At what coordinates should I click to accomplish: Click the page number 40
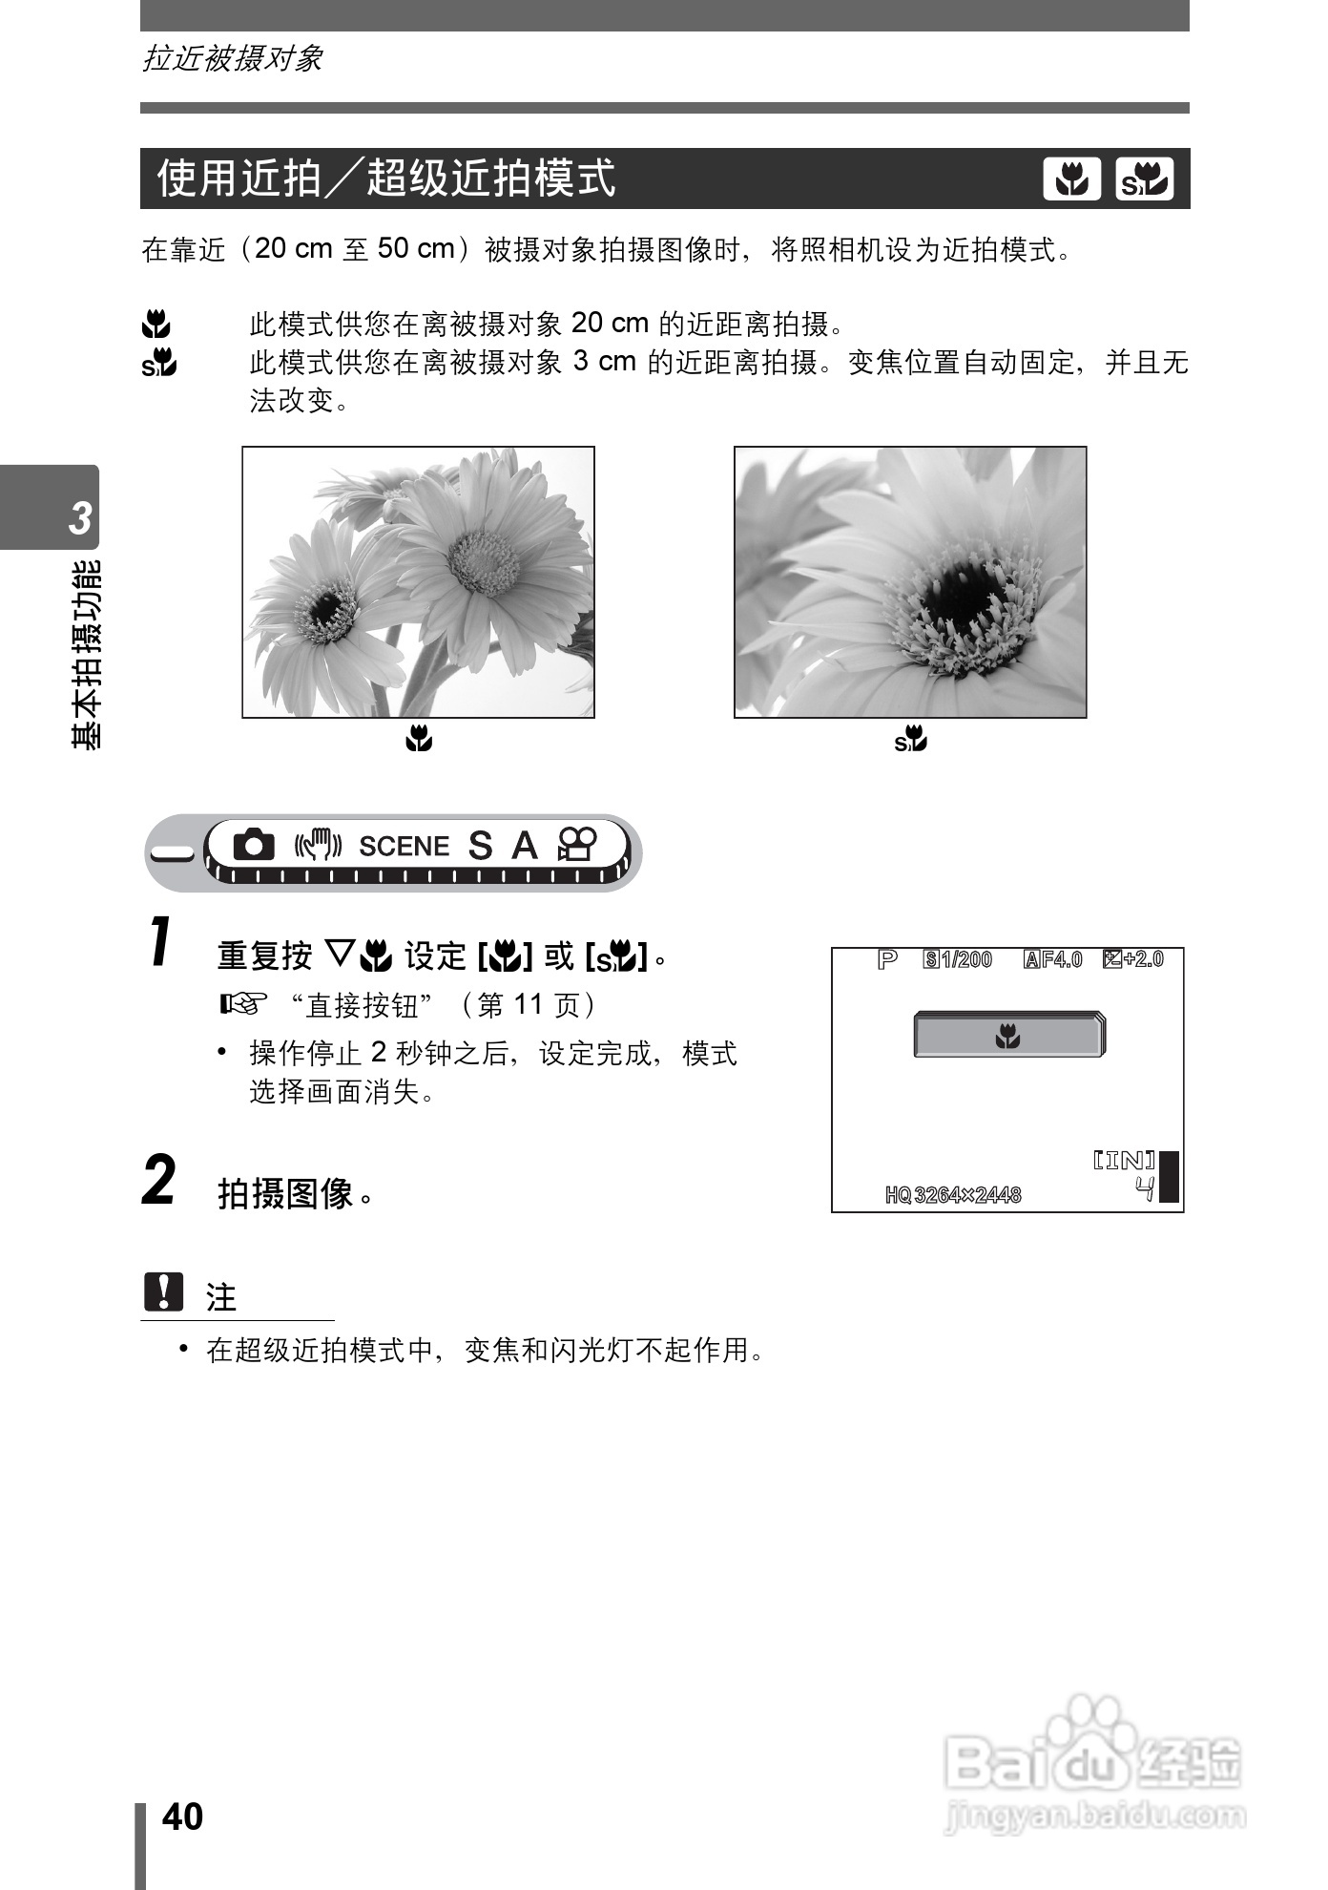[182, 1816]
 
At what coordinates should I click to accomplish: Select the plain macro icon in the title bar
[1071, 179]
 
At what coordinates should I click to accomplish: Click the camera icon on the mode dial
[254, 845]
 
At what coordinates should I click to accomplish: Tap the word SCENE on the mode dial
[404, 847]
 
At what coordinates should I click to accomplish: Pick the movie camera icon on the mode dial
[577, 845]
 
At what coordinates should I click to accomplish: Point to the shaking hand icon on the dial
[318, 845]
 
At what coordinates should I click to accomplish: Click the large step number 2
[159, 1180]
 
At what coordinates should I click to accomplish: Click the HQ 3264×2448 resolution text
[953, 1195]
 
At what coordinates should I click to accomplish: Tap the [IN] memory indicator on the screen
[1123, 1161]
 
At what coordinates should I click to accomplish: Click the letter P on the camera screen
[887, 959]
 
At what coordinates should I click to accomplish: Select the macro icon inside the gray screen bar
[1007, 1036]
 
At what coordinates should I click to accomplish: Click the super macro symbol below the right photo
[910, 739]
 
